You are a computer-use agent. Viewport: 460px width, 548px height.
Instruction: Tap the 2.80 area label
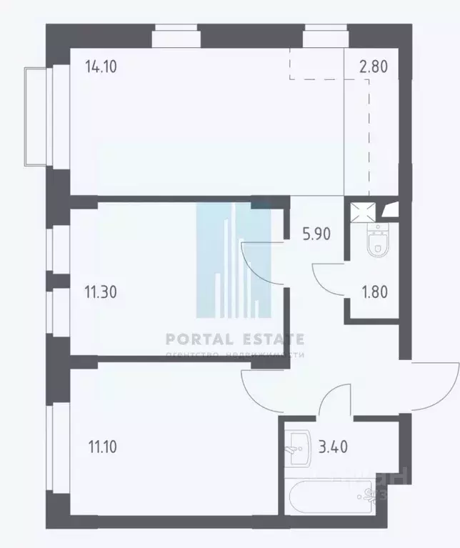click(373, 69)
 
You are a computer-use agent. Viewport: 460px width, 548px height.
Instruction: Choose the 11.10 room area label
click(101, 448)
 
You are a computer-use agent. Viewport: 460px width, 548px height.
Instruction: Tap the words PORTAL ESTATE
click(235, 339)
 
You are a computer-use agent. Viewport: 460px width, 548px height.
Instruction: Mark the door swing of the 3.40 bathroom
click(334, 400)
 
